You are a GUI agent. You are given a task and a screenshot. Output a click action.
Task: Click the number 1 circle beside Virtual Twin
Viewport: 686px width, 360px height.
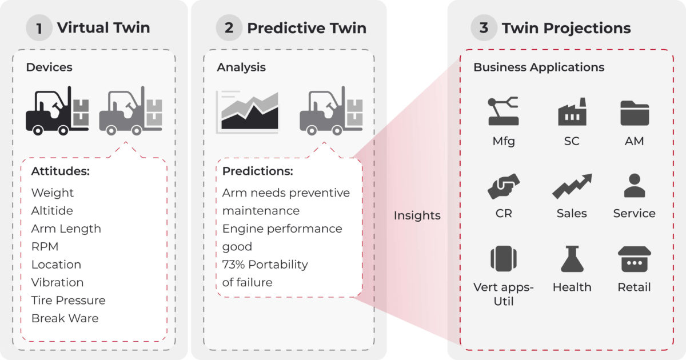click(39, 28)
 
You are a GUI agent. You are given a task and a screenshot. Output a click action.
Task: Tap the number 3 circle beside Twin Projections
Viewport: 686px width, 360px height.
click(484, 28)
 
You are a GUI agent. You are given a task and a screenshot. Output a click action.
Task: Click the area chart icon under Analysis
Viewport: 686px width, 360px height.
click(247, 112)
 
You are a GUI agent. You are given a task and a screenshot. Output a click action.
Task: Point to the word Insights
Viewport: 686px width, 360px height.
click(417, 215)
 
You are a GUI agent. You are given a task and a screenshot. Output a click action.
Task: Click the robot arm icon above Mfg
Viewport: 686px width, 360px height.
click(503, 111)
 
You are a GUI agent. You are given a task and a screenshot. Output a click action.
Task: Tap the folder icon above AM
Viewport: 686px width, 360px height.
click(635, 113)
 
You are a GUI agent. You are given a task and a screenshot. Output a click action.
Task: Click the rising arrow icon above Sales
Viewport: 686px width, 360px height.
click(572, 186)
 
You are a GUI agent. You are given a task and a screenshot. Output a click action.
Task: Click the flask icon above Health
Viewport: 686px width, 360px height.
click(572, 259)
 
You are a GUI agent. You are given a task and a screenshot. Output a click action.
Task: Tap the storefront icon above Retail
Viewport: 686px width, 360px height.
click(635, 259)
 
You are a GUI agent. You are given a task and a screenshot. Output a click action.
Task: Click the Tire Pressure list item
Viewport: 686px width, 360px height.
click(68, 301)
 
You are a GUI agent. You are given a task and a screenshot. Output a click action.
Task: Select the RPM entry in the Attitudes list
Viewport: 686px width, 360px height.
click(45, 247)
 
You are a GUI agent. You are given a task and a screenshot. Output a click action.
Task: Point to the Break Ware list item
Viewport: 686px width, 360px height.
click(65, 318)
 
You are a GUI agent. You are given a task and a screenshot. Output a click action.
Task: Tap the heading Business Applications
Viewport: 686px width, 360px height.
click(539, 67)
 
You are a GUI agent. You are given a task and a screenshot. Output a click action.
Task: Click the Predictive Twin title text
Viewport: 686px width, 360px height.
click(306, 28)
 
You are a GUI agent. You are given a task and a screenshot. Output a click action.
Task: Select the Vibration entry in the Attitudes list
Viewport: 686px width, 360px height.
click(57, 282)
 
